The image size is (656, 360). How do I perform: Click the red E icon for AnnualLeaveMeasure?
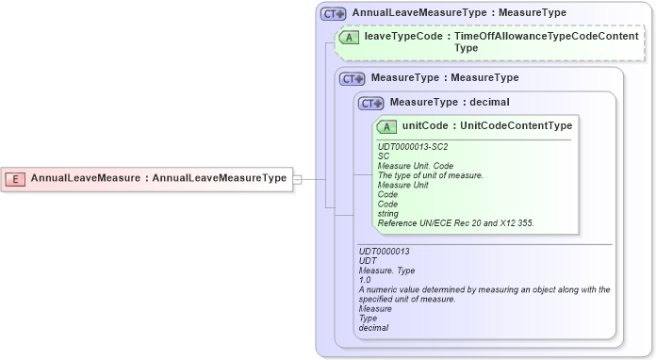15,178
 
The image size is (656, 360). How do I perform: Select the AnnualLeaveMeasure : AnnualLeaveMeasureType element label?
158,178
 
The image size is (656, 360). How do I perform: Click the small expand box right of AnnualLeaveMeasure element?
297,178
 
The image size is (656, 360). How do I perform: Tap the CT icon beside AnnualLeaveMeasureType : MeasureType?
334,14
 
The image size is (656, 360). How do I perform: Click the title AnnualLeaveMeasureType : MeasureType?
459,14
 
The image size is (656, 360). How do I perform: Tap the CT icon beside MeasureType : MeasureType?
353,78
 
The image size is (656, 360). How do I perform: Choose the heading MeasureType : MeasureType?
445,78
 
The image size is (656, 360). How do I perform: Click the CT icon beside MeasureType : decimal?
370,103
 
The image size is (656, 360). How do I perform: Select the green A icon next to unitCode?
386,126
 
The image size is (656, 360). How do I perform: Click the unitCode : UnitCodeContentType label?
486,126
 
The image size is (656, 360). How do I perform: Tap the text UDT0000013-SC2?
413,147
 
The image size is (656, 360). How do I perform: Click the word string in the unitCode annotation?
387,213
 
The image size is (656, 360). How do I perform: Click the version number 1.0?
365,281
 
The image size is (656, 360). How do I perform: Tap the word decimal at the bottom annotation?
373,328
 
